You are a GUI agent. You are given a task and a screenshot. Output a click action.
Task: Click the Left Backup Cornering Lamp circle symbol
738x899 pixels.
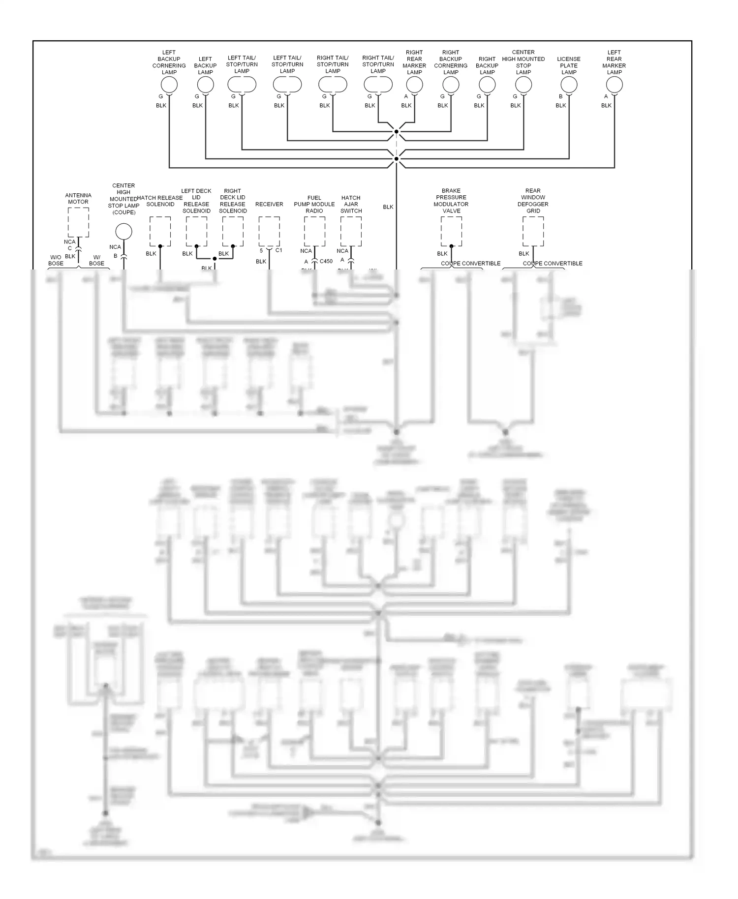click(169, 85)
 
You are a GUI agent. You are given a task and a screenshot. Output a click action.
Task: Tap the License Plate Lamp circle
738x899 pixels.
click(569, 85)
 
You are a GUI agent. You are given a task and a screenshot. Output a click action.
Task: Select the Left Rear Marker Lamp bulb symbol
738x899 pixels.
click(615, 85)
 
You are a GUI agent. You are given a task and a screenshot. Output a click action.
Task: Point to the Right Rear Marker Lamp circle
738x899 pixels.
click(414, 85)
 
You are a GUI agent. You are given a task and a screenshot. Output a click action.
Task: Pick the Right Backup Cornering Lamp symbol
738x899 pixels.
click(451, 85)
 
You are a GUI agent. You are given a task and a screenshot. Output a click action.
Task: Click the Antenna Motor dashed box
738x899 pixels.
click(78, 222)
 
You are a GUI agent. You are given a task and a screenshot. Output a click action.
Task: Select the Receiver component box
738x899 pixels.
click(269, 232)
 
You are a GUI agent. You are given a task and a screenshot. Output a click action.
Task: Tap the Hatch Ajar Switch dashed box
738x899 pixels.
click(351, 232)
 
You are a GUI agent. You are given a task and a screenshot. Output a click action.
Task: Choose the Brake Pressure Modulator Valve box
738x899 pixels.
click(451, 232)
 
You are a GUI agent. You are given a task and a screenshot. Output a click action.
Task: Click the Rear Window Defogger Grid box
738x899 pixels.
click(533, 232)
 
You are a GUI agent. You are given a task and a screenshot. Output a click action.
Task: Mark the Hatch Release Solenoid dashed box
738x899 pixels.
click(160, 232)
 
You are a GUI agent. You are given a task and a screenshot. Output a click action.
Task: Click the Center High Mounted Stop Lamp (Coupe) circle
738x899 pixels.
click(123, 232)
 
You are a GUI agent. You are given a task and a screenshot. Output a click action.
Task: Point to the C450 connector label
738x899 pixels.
click(326, 262)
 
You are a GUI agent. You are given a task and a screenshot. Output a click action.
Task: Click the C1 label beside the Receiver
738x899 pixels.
click(279, 250)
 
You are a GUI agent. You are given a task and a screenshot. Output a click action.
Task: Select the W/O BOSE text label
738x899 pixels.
click(56, 260)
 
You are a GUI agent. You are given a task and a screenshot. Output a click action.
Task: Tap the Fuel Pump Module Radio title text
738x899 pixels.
click(314, 204)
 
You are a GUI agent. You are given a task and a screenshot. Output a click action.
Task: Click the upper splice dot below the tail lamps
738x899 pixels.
click(396, 132)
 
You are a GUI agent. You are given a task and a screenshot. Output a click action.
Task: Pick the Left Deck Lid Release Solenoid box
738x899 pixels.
click(196, 232)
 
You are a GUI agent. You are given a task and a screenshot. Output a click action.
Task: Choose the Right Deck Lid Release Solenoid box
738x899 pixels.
click(233, 232)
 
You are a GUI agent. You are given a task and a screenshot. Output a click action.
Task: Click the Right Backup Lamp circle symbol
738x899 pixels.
click(487, 85)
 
